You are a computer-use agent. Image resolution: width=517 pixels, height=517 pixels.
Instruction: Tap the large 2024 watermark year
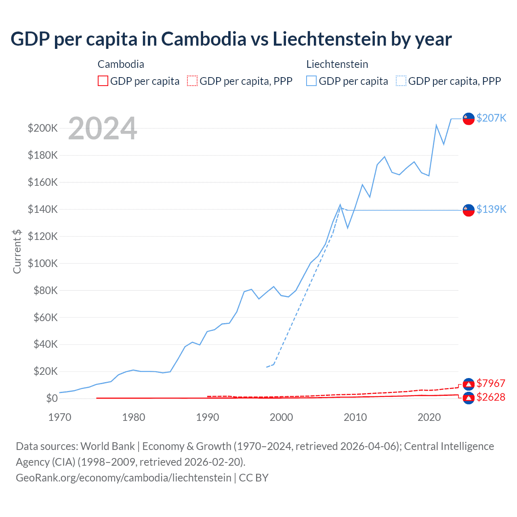103,128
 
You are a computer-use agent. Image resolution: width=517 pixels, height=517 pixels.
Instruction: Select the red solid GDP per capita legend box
103,81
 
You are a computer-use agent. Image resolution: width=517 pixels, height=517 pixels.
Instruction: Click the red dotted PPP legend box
192,81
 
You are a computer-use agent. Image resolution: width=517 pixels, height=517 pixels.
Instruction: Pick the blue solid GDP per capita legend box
311,81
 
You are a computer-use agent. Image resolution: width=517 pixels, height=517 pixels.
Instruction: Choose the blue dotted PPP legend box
401,81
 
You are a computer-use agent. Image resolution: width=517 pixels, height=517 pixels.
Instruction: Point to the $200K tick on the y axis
43,128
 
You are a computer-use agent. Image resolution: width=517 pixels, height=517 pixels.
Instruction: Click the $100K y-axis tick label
43,263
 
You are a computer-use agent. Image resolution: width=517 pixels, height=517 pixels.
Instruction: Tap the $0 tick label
51,398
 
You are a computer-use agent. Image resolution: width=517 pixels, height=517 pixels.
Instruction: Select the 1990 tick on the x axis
207,417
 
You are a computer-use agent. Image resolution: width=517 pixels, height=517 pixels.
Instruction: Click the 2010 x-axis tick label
355,417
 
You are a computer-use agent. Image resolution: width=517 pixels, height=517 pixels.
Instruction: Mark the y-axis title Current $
17,251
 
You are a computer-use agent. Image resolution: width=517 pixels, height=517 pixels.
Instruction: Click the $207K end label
491,118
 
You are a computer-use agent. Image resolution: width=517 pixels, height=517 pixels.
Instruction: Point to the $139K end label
491,209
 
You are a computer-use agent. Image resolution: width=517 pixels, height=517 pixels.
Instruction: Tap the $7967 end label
491,383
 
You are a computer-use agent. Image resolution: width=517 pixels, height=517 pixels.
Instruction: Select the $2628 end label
491,397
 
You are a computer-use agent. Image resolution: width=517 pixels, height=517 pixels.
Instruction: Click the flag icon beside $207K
468,119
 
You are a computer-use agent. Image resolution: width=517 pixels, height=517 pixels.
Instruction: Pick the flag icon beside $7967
468,384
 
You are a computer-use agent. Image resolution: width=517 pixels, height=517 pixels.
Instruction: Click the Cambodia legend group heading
121,64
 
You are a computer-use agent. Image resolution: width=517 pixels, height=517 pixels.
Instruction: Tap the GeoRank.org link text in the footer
124,478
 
